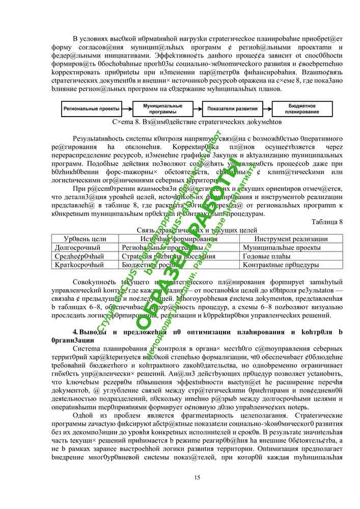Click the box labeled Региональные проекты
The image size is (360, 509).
(91, 109)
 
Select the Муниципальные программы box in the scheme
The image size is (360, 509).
(163, 109)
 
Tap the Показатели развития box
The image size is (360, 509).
(232, 109)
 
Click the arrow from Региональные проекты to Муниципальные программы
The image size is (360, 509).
(127, 109)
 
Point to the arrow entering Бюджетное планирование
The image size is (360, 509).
(266, 109)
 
